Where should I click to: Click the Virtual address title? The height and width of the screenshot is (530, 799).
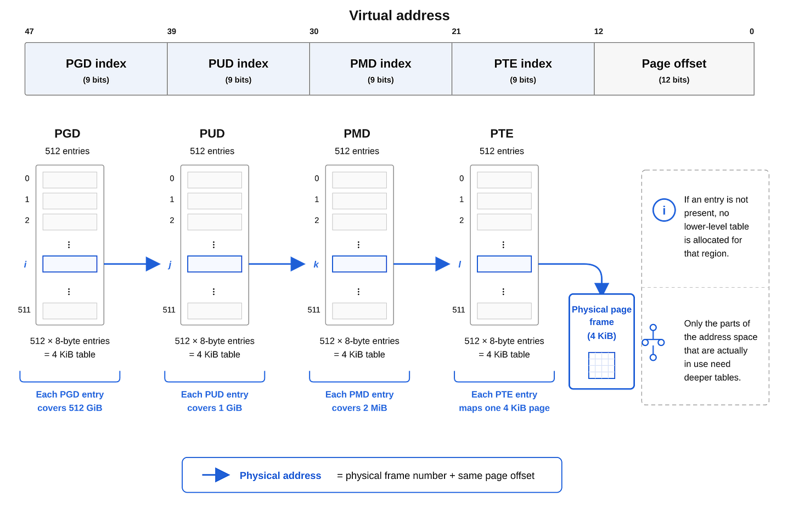coord(399,15)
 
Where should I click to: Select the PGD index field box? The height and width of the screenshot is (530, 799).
coord(96,69)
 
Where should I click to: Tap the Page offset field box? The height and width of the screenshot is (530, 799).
coord(674,69)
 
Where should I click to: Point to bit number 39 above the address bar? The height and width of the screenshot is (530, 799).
coord(172,31)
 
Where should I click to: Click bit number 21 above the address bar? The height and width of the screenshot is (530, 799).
coord(456,31)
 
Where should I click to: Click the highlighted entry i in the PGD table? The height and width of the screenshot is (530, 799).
coord(70,264)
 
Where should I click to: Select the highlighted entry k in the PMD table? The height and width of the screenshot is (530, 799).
coord(359,264)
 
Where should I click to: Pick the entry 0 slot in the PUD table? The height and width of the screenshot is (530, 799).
coord(215,180)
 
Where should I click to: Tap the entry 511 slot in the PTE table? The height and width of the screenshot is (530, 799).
coord(504,311)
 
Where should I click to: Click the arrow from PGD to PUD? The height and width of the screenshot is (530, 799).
coord(132,264)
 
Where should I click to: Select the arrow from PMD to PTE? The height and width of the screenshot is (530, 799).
coord(422,264)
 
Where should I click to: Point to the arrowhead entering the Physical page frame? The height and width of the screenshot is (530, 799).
coord(601,288)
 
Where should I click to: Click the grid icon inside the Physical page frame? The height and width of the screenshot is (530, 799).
coord(601,365)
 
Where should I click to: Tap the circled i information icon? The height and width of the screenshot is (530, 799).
coord(664,210)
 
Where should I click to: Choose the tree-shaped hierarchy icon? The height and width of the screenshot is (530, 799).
coord(653,342)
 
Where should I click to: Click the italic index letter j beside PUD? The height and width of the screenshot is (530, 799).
coord(170,265)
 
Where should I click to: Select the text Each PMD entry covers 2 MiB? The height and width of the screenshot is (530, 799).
coord(359,401)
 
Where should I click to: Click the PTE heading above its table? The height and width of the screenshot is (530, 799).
coord(502,133)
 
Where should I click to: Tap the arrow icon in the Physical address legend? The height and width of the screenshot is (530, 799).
coord(216,475)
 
